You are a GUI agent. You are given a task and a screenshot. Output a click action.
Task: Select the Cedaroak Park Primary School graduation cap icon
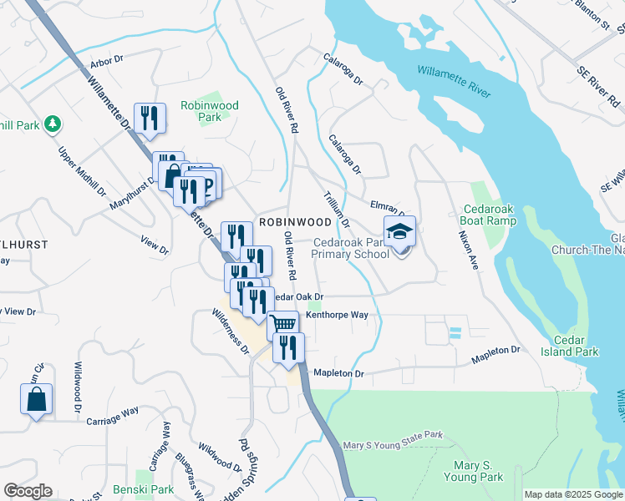pyautogui.click(x=399, y=232)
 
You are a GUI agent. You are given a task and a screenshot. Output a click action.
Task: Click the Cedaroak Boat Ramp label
pyautogui.click(x=488, y=215)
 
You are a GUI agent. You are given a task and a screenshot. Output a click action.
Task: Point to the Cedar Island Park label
pyautogui.click(x=576, y=346)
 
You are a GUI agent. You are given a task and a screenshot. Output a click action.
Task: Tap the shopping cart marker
pyautogui.click(x=283, y=324)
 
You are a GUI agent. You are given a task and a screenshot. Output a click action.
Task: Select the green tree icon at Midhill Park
pyautogui.click(x=53, y=124)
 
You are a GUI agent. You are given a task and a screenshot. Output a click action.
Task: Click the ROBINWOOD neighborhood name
pyautogui.click(x=295, y=222)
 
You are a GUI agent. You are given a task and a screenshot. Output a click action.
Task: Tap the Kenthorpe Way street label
pyautogui.click(x=337, y=315)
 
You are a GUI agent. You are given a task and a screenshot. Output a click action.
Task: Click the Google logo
pyautogui.click(x=28, y=491)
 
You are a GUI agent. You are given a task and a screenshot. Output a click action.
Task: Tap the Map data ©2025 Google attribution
pyautogui.click(x=572, y=494)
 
